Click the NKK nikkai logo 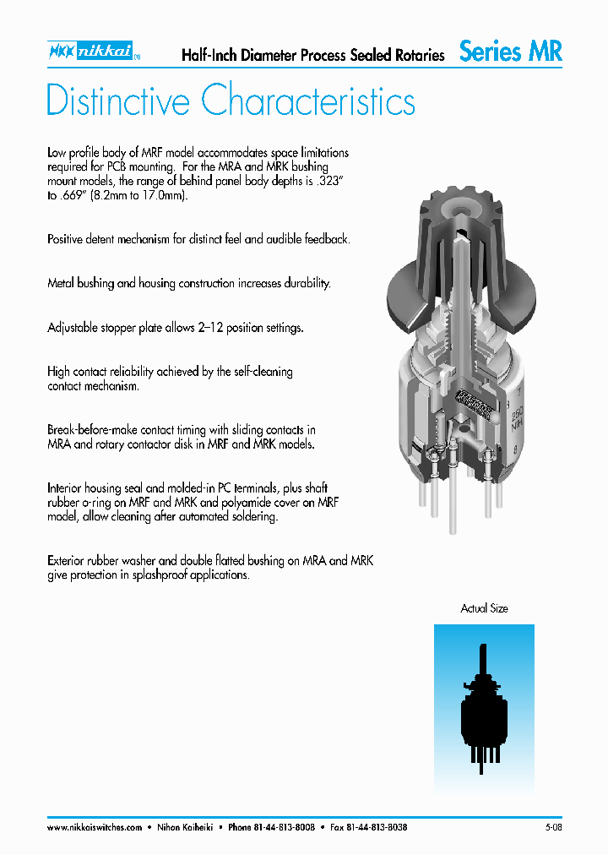tap(92, 52)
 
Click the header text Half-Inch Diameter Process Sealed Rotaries tap(313, 56)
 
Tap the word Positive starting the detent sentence tap(65, 239)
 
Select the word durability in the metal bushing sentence tap(304, 283)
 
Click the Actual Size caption tap(484, 608)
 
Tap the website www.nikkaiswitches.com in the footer tap(95, 827)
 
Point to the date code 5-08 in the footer tap(553, 827)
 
